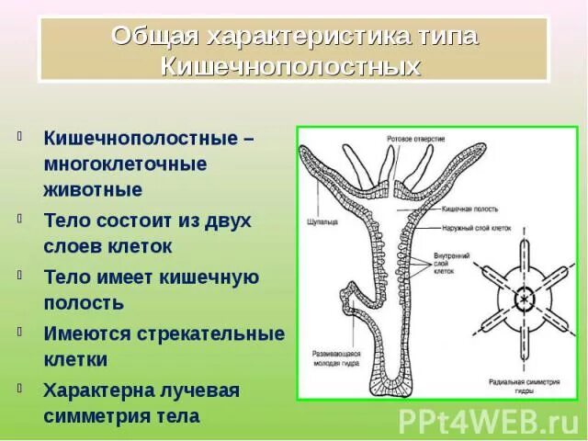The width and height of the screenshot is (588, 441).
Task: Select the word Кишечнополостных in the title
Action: point(291,66)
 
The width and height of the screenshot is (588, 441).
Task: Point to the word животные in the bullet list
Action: point(93,190)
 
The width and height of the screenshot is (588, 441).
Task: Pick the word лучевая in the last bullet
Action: point(193,390)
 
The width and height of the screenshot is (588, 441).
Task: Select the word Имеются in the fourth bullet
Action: point(85,332)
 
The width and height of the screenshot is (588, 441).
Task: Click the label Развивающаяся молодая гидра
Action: point(334,357)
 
